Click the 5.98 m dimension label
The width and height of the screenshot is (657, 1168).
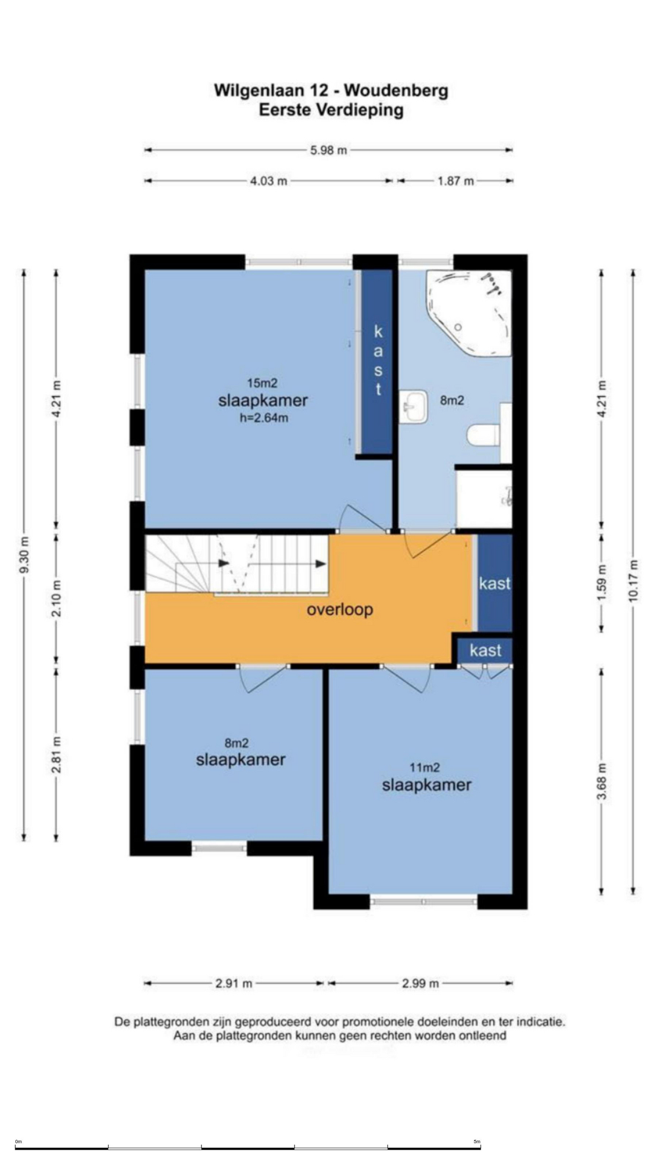pos(328,150)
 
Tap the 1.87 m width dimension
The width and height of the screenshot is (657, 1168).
pos(456,181)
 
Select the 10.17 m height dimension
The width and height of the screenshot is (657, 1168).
pos(634,580)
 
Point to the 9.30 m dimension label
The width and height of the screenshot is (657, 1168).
pos(24,555)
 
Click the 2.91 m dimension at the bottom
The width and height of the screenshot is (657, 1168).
pos(234,983)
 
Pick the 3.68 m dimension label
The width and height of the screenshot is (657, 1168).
pos(602,782)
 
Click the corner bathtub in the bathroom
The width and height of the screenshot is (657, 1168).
pos(468,313)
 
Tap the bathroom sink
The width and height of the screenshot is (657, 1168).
pos(414,406)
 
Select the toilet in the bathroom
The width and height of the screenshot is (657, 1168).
pos(484,435)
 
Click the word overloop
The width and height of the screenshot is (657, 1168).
pos(339,610)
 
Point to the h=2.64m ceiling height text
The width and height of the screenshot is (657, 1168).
pos(263,418)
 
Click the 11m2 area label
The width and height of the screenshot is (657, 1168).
pos(425,768)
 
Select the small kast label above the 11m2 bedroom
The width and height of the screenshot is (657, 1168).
pos(485,650)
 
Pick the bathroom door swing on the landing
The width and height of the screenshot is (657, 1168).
pos(430,543)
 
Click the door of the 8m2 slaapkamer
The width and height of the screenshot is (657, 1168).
pos(263,679)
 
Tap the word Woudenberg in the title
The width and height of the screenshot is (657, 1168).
pos(396,91)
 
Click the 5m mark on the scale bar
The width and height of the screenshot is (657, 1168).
pos(477,1142)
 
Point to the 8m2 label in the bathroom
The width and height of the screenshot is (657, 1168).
pos(452,400)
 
